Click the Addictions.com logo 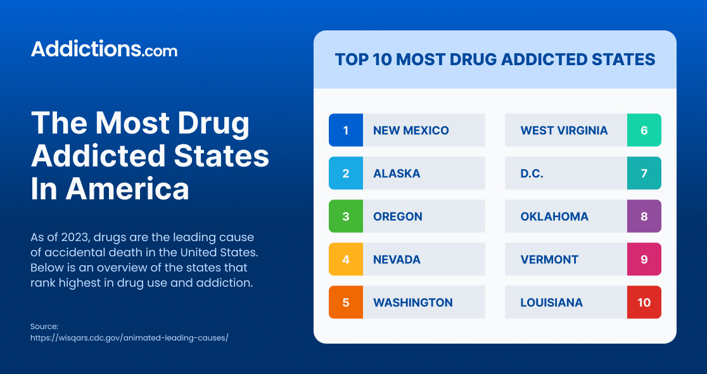(104, 49)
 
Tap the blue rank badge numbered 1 (346, 130)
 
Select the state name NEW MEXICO (411, 130)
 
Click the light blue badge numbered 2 (346, 173)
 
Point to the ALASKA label (397, 173)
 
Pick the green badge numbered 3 (346, 216)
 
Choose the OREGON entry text (397, 216)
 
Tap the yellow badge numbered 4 (346, 259)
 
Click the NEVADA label (397, 259)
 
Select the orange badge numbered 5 (346, 302)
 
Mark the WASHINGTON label (412, 302)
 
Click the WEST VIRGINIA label (564, 130)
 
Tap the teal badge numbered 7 (644, 173)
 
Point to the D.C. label (532, 173)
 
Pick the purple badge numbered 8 (644, 216)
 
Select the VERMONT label (549, 259)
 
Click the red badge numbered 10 (644, 302)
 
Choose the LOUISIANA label (551, 302)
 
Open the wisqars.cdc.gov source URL (129, 338)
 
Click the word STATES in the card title (623, 59)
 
